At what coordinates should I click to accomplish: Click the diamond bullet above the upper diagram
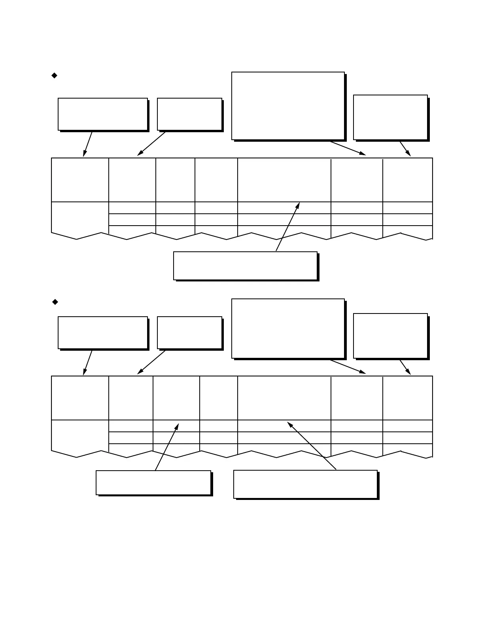(55, 75)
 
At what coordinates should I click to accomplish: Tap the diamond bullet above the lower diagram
(55, 302)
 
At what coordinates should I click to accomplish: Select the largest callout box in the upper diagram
(288, 106)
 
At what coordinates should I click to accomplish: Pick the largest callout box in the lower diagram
(288, 329)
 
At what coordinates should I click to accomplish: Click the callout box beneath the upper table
(245, 266)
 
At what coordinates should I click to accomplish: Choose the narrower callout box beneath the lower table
(153, 483)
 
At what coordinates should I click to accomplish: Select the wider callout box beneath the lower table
(305, 484)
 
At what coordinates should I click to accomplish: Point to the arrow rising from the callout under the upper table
(287, 227)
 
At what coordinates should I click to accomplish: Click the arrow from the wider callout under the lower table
(312, 446)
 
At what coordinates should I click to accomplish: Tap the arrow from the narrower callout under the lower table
(167, 447)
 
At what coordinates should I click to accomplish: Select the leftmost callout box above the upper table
(103, 114)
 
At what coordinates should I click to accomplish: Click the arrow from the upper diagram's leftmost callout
(88, 144)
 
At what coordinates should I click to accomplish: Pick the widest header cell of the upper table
(284, 180)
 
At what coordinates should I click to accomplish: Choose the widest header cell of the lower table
(284, 398)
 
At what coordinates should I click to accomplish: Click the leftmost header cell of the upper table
(80, 180)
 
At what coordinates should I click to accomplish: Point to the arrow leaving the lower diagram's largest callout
(348, 367)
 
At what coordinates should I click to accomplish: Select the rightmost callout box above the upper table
(390, 117)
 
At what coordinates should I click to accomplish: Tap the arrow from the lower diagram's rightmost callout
(405, 367)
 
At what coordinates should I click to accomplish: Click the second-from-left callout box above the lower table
(189, 332)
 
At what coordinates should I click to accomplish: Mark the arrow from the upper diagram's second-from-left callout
(151, 144)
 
